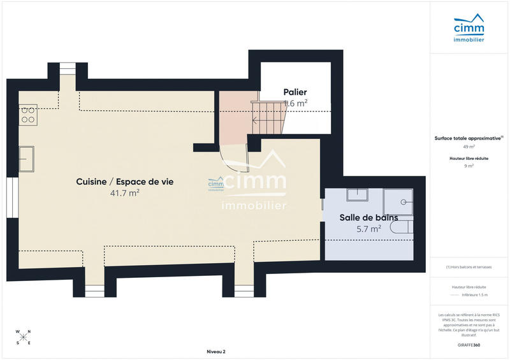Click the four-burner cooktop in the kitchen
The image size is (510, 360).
(x=28, y=114)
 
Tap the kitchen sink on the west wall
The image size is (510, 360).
(x=26, y=158)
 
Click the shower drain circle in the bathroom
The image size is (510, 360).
(x=404, y=202)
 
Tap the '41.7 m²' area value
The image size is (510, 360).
(x=124, y=192)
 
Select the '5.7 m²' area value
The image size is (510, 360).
(x=369, y=227)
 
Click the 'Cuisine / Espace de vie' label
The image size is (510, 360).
(x=124, y=182)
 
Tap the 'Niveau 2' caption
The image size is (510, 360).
(x=216, y=352)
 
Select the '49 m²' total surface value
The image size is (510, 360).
(x=469, y=146)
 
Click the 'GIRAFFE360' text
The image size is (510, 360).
(x=469, y=345)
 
